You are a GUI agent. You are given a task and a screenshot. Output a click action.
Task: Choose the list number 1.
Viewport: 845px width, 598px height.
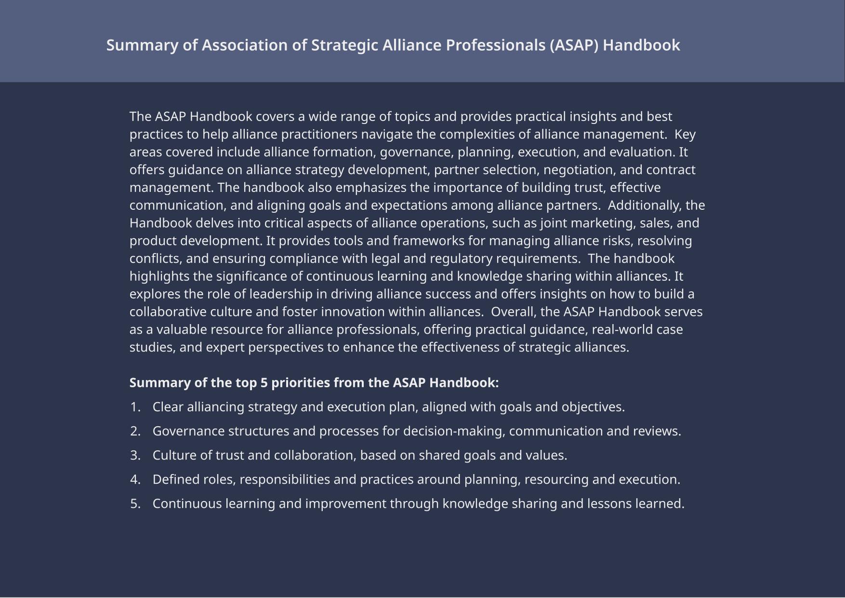pyautogui.click(x=135, y=408)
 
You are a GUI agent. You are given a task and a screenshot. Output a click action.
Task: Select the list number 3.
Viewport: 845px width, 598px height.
pyautogui.click(x=135, y=456)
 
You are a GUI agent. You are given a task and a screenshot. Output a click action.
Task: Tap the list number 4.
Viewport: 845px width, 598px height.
pyautogui.click(x=135, y=480)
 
